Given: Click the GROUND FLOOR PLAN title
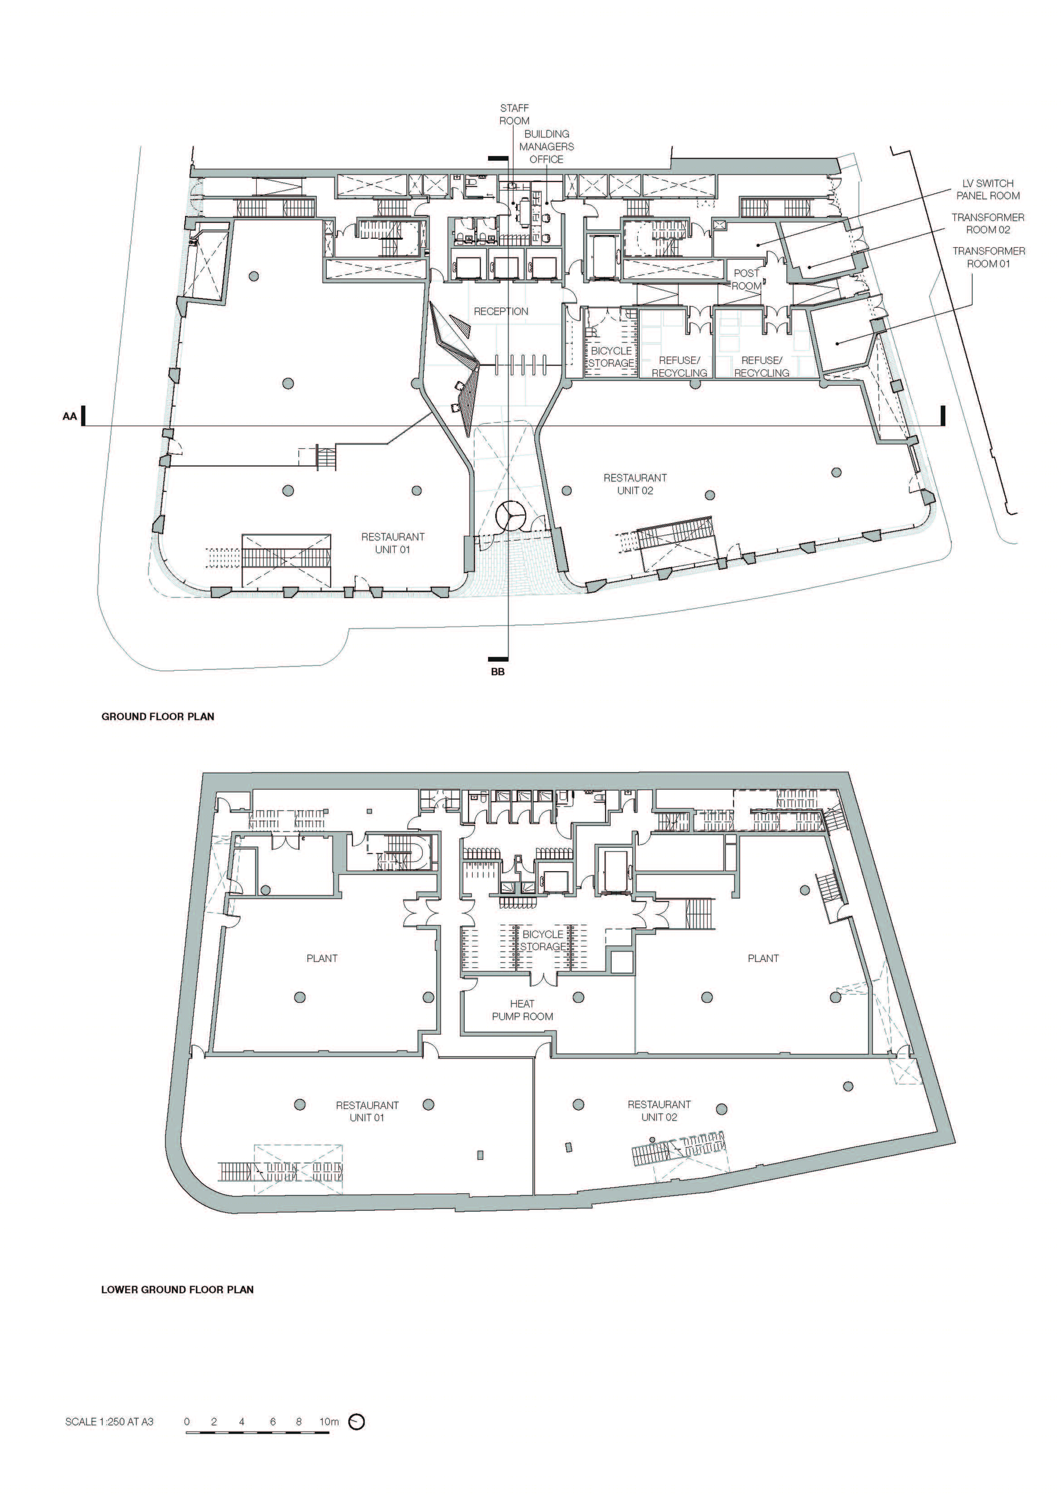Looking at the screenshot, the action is (x=158, y=716).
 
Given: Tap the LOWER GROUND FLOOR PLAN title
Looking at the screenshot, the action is (x=177, y=1290).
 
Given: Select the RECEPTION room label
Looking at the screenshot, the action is (x=501, y=311).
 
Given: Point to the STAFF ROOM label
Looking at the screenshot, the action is (x=515, y=115).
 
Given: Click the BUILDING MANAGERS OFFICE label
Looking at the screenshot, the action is (x=546, y=146).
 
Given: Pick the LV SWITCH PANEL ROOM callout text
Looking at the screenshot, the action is (x=988, y=189).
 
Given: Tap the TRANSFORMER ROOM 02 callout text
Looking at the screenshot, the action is (x=988, y=223).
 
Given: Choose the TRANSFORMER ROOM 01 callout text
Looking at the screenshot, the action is (x=988, y=257).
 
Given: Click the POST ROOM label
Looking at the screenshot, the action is (x=746, y=280).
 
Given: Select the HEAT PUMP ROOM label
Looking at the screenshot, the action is (x=523, y=1010).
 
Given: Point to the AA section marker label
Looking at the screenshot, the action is (x=69, y=417).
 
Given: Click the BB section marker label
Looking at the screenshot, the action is (x=498, y=671).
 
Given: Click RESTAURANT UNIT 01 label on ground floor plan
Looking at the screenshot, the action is (x=393, y=543).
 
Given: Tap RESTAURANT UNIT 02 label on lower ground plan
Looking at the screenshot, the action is (x=659, y=1110).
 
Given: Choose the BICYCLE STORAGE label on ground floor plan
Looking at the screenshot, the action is (x=611, y=357).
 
